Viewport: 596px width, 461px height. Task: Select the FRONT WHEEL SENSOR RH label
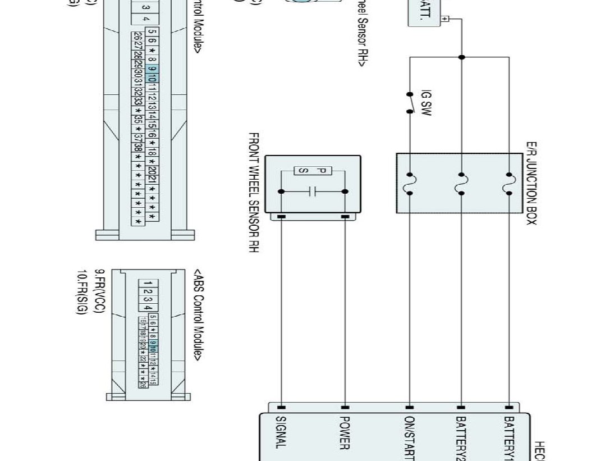point(253,193)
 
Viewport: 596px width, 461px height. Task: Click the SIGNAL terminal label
point(281,432)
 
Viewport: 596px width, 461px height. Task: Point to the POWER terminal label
point(345,432)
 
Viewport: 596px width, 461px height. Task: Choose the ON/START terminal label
point(409,438)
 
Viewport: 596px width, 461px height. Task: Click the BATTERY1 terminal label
point(508,438)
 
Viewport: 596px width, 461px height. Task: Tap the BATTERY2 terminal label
point(461,438)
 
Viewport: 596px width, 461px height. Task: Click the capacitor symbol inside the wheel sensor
point(313,191)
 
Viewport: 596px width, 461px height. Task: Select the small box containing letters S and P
point(313,171)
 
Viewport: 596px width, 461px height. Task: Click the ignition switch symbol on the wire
point(411,103)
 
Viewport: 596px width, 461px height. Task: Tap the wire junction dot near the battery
point(461,57)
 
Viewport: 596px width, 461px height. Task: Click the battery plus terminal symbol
point(444,19)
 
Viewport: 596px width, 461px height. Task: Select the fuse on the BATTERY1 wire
point(508,184)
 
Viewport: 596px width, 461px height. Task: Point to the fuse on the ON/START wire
point(410,184)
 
